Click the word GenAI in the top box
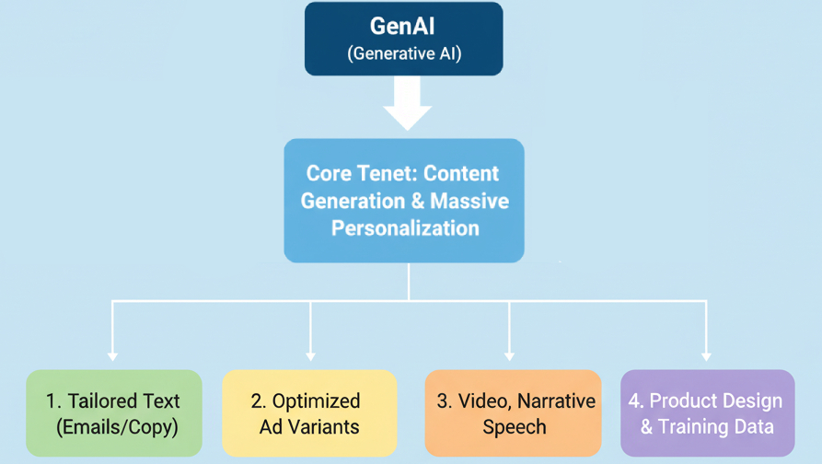click(403, 27)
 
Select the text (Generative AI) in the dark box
click(403, 53)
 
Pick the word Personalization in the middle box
click(405, 227)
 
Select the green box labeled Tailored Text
click(114, 413)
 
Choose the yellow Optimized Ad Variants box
click(310, 413)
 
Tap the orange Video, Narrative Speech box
click(513, 413)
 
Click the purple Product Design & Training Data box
click(707, 413)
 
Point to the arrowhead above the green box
click(112, 354)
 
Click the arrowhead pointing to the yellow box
click(310, 354)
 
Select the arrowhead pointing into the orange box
click(509, 354)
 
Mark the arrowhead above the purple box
click(706, 354)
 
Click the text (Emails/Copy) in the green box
click(116, 427)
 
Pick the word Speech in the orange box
click(515, 427)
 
